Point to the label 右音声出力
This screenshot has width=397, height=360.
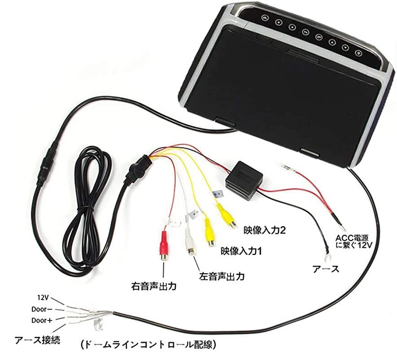tap(154, 286)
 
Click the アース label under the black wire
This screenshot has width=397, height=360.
tap(326, 269)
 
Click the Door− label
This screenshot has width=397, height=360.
tap(42, 309)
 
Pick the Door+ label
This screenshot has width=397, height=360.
tap(42, 320)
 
